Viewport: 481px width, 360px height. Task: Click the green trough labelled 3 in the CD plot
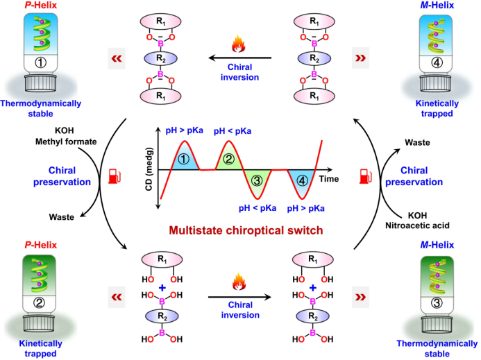pyautogui.click(x=258, y=182)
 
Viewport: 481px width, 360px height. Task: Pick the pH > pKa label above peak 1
pyautogui.click(x=184, y=130)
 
